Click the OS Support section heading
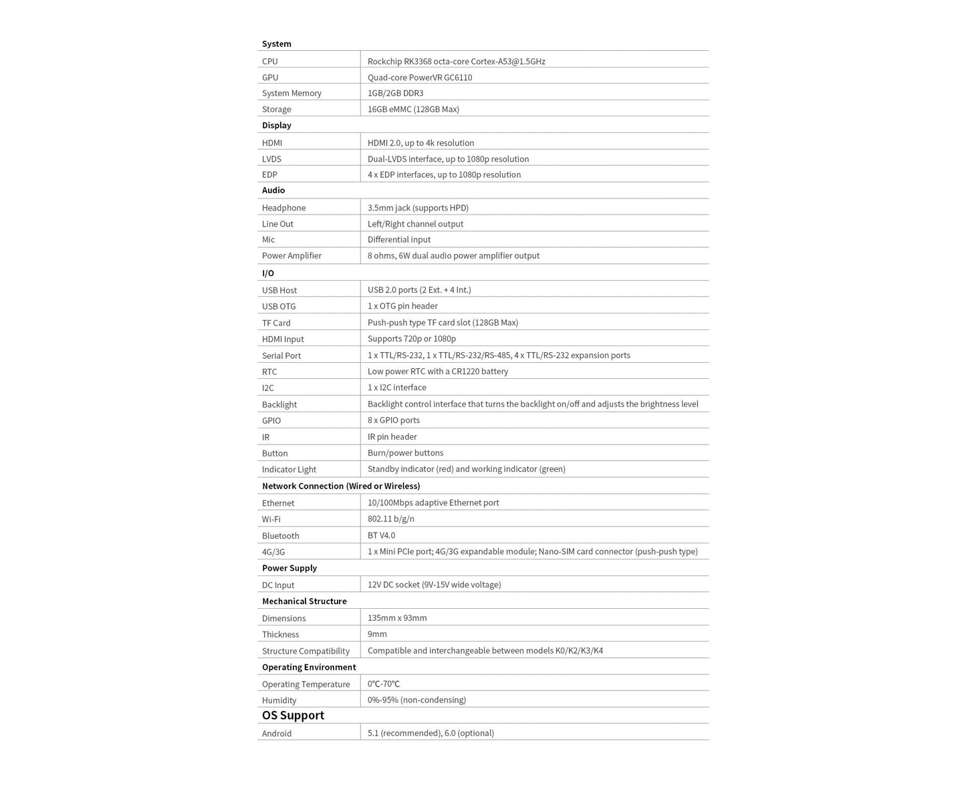pos(293,715)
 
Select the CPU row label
pos(270,61)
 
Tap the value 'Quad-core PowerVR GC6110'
pos(420,78)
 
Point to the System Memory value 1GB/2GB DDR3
pos(395,94)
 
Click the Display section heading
pos(277,126)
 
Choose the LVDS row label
pos(271,159)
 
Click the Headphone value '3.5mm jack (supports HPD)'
pos(418,208)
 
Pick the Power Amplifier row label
pos(291,256)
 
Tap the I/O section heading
pos(268,273)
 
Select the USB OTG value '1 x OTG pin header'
pos(402,306)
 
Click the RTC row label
pos(269,372)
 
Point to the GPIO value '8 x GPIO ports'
pos(394,420)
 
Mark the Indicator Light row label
pos(289,470)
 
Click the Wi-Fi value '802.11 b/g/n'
pos(391,519)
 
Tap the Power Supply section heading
pos(289,568)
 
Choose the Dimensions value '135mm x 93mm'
pos(397,618)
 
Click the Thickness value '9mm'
pos(377,634)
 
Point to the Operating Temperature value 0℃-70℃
pos(384,684)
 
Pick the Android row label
pos(277,734)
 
